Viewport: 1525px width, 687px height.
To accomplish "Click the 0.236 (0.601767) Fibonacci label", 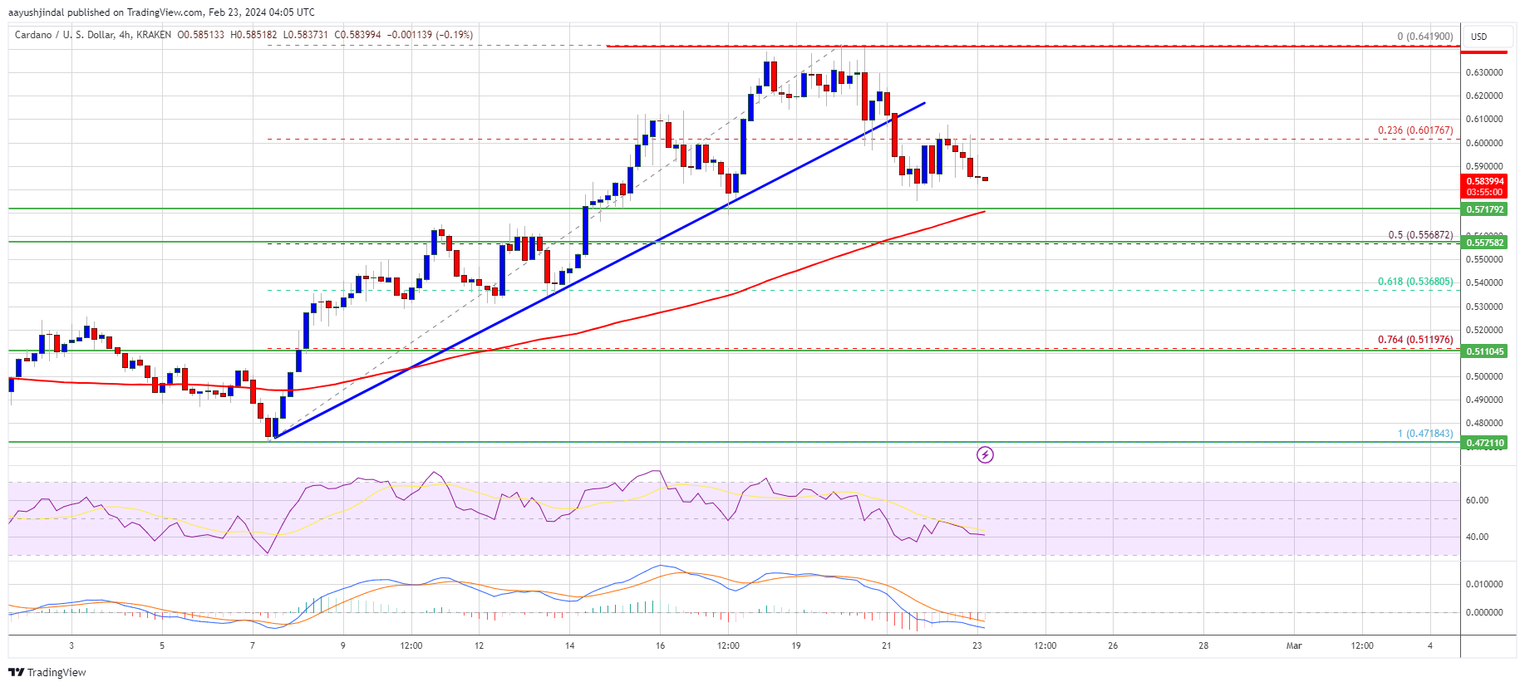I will tap(1414, 130).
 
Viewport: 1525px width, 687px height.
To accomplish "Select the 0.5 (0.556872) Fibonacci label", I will tap(1420, 235).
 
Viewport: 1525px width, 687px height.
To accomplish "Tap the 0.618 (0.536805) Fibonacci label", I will tap(1414, 282).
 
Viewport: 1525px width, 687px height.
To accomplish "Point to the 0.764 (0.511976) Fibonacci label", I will tap(1414, 340).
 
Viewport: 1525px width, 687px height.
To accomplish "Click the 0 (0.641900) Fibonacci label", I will tap(1424, 37).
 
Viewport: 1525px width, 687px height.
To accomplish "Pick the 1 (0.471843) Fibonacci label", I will tap(1424, 434).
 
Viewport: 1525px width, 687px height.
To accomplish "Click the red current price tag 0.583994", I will tap(1484, 181).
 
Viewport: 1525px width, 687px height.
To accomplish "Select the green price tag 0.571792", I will tap(1484, 209).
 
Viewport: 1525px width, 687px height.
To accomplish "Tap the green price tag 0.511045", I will tap(1484, 351).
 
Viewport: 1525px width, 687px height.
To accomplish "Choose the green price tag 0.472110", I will tap(1484, 443).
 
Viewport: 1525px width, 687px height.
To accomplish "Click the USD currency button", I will tap(1479, 37).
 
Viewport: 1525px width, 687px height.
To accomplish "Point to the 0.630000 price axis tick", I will tap(1484, 72).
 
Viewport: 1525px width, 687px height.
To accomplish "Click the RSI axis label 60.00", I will tap(1477, 500).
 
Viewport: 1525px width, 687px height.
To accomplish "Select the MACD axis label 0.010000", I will tap(1484, 584).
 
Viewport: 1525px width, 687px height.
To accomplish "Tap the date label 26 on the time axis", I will tap(1113, 645).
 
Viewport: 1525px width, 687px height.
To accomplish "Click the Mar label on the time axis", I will tap(1293, 645).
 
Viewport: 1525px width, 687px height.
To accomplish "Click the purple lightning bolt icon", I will tap(985, 454).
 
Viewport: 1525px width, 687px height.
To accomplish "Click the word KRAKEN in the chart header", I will tap(155, 35).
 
